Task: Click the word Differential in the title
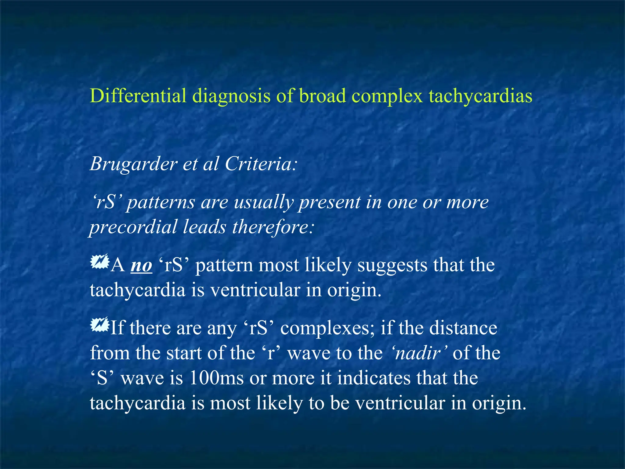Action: pyautogui.click(x=138, y=96)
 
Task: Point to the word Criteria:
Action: pyautogui.click(x=261, y=164)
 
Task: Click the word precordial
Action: pyautogui.click(x=133, y=227)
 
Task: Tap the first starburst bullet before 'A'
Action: pyautogui.click(x=99, y=262)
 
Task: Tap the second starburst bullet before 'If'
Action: pyautogui.click(x=99, y=325)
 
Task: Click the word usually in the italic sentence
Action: pyautogui.click(x=264, y=202)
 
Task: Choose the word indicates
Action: pyautogui.click(x=374, y=378)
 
